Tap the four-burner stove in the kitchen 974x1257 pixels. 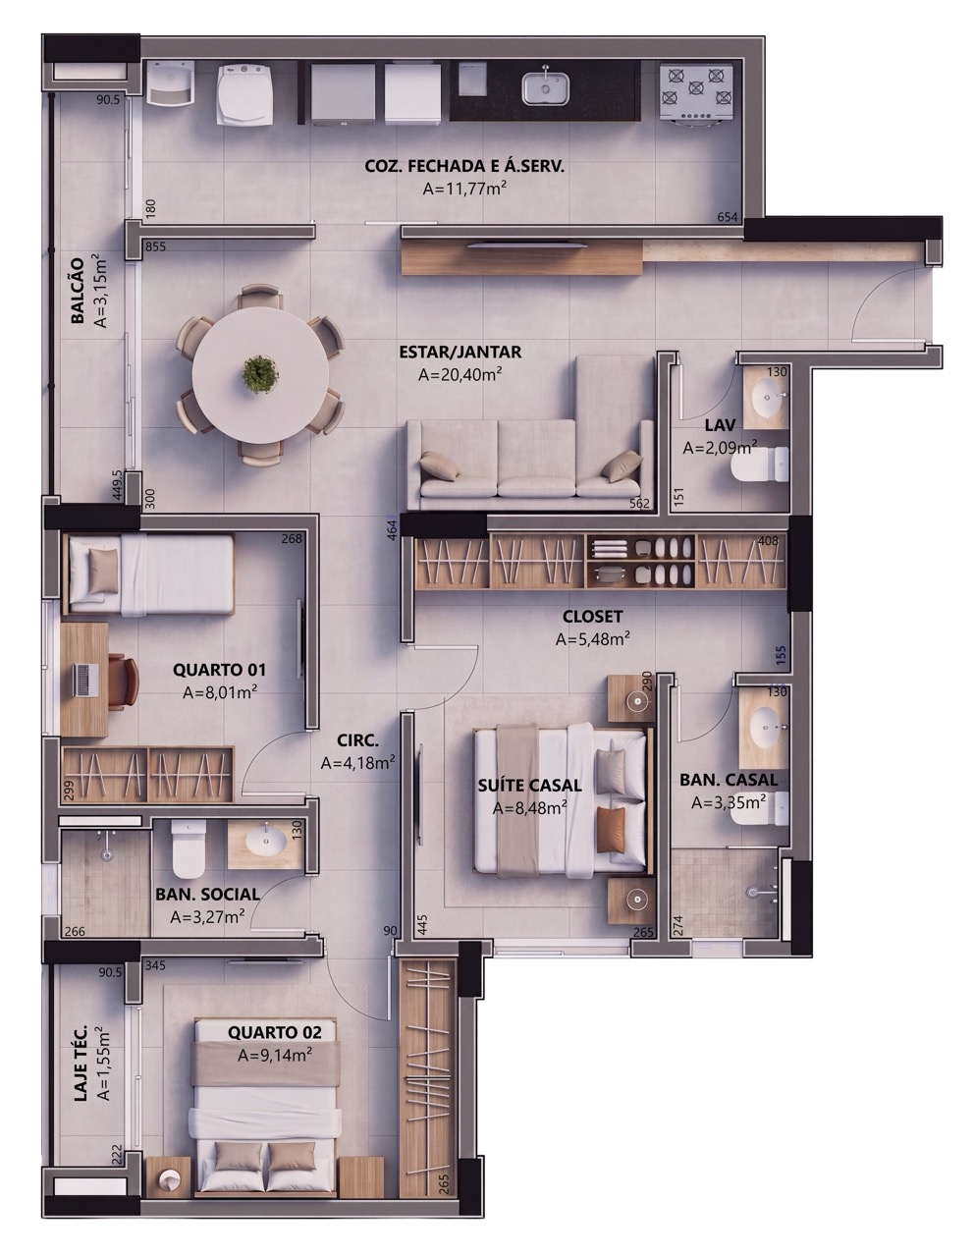(696, 91)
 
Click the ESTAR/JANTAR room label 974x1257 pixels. (460, 352)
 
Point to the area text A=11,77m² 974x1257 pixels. (464, 188)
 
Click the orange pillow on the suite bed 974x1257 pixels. (611, 830)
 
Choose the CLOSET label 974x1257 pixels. (592, 617)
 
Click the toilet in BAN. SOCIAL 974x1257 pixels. (189, 848)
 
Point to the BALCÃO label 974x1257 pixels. (77, 291)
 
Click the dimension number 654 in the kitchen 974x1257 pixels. (727, 217)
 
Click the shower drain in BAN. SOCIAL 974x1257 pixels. (106, 853)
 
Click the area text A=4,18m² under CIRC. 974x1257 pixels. (357, 763)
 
